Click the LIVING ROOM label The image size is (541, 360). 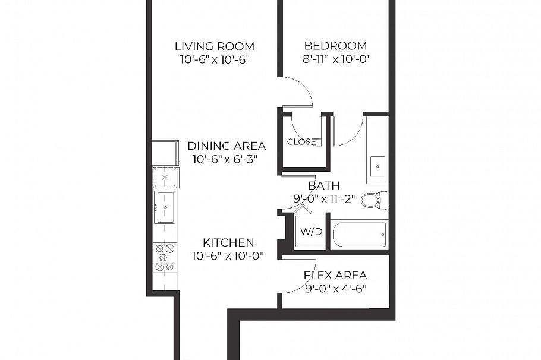[215, 46]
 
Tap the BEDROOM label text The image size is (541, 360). [335, 46]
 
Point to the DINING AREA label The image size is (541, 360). [227, 146]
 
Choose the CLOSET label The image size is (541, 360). [304, 142]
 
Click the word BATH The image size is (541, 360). [324, 186]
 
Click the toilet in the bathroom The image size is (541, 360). [373, 200]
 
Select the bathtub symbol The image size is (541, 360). [359, 235]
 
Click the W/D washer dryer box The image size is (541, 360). [310, 231]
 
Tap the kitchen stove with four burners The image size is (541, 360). [165, 257]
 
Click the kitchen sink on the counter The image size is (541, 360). [164, 207]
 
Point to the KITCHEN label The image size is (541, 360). [228, 242]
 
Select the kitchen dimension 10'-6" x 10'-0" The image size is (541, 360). [228, 255]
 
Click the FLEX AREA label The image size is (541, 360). [335, 276]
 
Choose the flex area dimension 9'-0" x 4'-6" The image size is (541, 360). [335, 289]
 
